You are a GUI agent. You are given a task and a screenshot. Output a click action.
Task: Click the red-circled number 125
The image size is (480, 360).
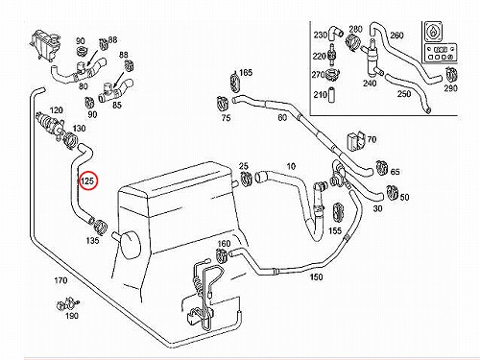coord(87,180)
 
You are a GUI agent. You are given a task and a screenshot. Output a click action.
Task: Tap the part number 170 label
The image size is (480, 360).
coord(60,280)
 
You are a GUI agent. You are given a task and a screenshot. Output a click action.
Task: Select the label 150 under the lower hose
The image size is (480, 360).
coord(316,276)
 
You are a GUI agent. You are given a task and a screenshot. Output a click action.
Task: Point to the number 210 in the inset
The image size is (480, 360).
coord(321,95)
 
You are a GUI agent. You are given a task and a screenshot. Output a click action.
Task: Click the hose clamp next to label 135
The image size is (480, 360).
coord(100,226)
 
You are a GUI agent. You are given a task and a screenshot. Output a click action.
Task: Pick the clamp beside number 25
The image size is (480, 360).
coord(246,178)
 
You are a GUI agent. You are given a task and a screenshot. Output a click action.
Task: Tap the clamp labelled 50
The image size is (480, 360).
coord(392,192)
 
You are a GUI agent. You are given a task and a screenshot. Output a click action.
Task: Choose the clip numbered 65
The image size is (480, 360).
coord(381,167)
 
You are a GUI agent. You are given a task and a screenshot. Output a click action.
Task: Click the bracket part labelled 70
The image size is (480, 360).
coord(355,140)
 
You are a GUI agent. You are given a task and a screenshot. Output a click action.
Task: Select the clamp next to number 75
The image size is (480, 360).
coord(223,104)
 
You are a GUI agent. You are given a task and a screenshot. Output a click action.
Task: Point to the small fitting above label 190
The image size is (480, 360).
coord(67,304)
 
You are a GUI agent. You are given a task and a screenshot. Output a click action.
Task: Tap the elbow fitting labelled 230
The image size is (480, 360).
coord(336,33)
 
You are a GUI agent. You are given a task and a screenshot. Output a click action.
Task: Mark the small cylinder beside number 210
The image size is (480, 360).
coord(332,94)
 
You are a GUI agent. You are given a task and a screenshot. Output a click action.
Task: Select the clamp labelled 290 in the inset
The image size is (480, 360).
coord(452,75)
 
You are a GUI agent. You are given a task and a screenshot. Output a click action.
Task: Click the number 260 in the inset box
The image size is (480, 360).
coord(396,36)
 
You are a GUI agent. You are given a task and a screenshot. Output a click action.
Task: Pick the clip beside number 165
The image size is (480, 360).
coord(234,82)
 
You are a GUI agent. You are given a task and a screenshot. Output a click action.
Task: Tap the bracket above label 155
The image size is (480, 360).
coord(338,212)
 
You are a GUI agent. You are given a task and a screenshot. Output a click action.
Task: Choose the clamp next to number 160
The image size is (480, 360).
coord(222,254)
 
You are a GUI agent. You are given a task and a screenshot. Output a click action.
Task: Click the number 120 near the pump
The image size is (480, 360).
coord(57,110)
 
